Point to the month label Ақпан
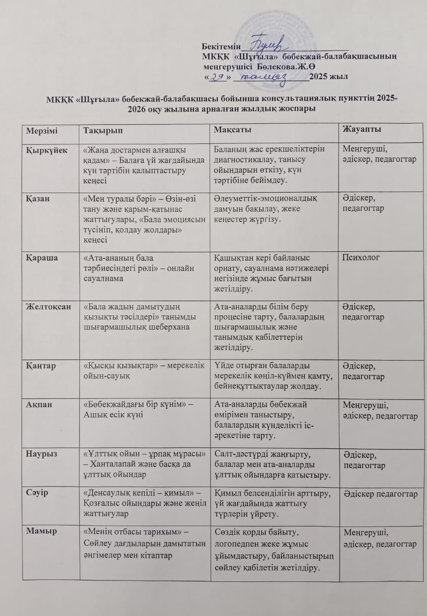(x=38, y=404)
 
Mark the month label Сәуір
(x=37, y=493)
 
